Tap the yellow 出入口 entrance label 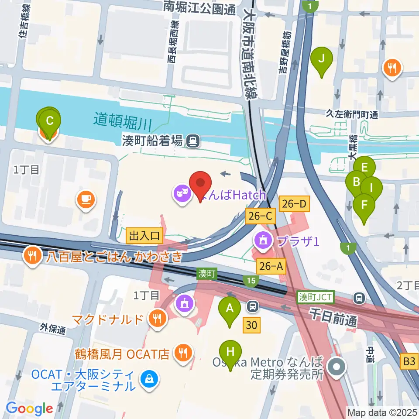point(144,236)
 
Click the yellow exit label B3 point(409,361)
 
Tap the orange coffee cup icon point(86,200)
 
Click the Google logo point(30,408)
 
